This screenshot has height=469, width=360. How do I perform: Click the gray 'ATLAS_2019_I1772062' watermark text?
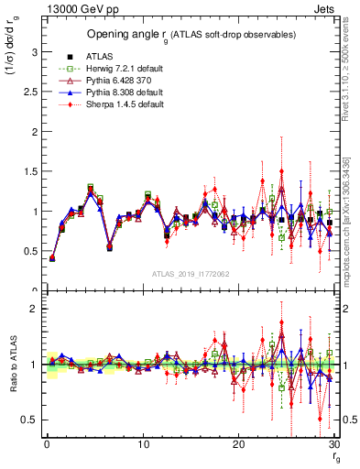click(x=190, y=274)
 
